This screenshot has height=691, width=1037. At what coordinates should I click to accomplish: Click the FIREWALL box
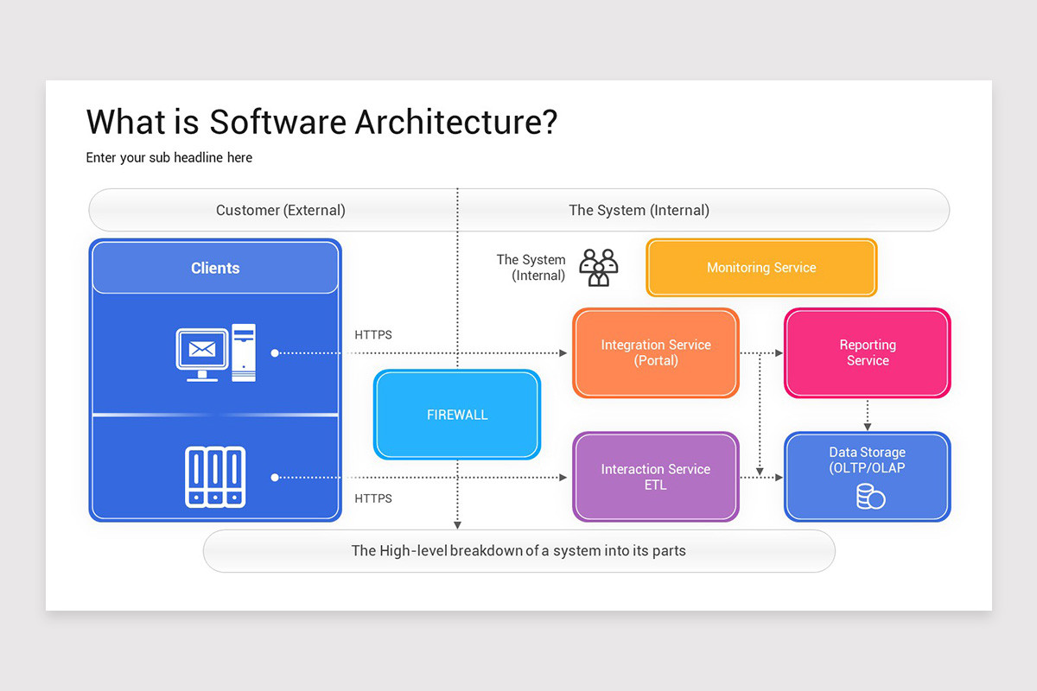456,415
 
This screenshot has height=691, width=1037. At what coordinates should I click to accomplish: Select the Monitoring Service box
761,268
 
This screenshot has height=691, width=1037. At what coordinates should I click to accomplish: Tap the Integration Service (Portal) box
656,352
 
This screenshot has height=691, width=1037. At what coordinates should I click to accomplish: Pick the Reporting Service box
867,352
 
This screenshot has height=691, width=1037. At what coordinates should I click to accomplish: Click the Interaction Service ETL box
656,477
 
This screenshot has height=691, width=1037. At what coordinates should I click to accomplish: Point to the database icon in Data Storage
870,497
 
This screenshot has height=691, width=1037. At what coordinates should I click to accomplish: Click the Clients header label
215,268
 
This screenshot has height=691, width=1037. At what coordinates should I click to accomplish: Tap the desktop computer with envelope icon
216,352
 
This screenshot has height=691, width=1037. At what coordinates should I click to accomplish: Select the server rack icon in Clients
215,476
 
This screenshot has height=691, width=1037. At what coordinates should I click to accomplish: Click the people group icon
599,268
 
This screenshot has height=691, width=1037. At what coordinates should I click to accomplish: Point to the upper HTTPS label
373,335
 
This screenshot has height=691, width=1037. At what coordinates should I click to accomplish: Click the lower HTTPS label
373,498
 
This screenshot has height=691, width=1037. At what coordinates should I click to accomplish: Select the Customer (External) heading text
280,210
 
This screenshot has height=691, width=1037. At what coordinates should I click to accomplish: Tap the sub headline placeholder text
169,157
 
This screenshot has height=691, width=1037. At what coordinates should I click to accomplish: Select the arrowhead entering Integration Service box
563,352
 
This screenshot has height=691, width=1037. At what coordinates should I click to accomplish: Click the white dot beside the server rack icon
275,477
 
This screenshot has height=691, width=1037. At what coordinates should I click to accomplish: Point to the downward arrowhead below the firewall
457,523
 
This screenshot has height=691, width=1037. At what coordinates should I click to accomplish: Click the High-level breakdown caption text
518,550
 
